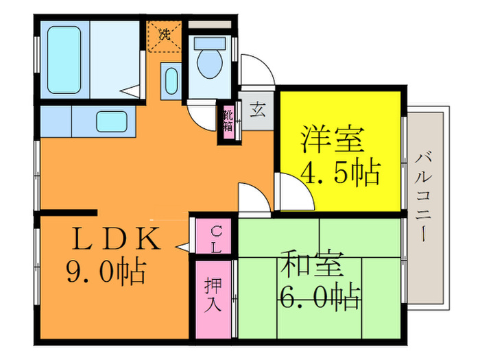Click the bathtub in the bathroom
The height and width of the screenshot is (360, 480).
tap(64, 59)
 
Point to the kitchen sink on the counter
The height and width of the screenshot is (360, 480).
tap(110, 122)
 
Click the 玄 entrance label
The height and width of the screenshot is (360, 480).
tap(258, 110)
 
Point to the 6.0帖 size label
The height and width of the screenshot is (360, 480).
tap(320, 298)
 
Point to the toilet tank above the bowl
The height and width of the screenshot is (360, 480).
tap(206, 40)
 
